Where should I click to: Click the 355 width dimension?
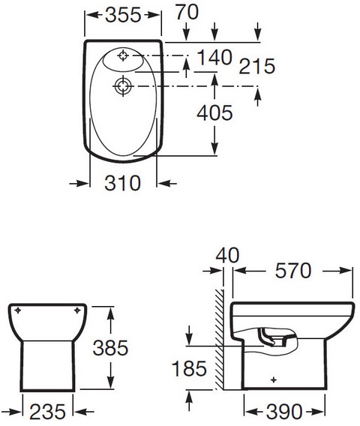[x=123, y=15]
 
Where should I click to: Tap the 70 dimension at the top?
[x=187, y=12]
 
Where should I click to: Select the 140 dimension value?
[x=214, y=57]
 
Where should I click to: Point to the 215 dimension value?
[x=256, y=66]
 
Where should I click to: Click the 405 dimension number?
[x=214, y=112]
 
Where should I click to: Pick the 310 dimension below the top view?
[x=122, y=183]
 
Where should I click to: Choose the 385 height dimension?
[x=110, y=348]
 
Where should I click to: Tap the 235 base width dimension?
[x=47, y=412]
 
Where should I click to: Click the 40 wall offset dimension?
[x=227, y=256]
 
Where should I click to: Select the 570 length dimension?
[x=293, y=271]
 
